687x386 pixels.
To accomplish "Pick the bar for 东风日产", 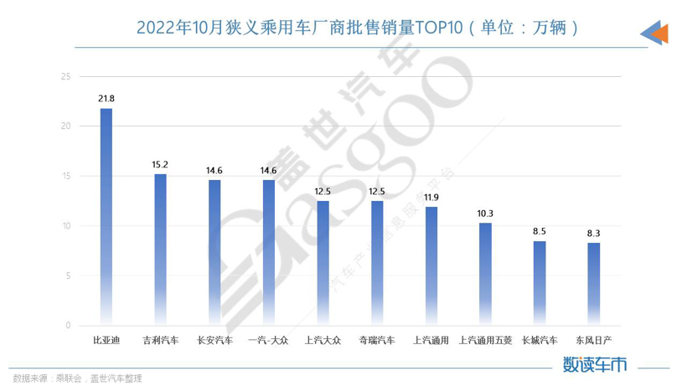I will pyautogui.click(x=593, y=284).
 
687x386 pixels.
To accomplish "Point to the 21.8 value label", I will pyautogui.click(x=106, y=99).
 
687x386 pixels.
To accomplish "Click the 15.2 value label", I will pyautogui.click(x=160, y=164).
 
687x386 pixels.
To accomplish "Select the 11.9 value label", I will pyautogui.click(x=431, y=197).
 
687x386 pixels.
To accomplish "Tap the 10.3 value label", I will pyautogui.click(x=485, y=213).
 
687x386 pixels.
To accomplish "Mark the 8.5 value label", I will pyautogui.click(x=540, y=231).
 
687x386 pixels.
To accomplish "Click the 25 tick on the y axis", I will pyautogui.click(x=66, y=76).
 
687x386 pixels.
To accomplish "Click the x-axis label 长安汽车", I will pyautogui.click(x=214, y=340).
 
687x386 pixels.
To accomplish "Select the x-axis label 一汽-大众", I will pyautogui.click(x=269, y=340).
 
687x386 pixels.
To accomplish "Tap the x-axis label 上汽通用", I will pyautogui.click(x=431, y=340).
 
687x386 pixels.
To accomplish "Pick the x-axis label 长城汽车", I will pyautogui.click(x=540, y=340).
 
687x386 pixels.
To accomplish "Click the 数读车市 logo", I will pyautogui.click(x=594, y=364).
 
